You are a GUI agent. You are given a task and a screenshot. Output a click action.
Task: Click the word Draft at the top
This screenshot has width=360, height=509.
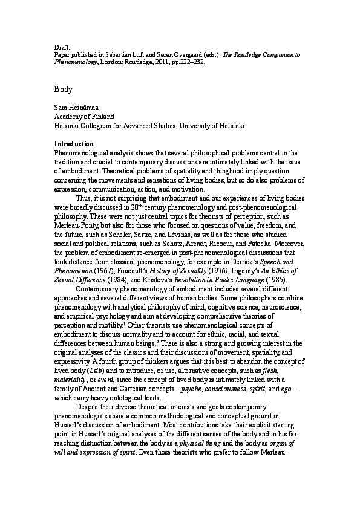[x=61, y=47]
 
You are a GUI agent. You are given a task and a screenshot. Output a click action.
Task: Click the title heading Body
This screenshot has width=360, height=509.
[x=64, y=89]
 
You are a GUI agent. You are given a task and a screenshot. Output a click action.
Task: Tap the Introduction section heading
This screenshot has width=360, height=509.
[x=74, y=144]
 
